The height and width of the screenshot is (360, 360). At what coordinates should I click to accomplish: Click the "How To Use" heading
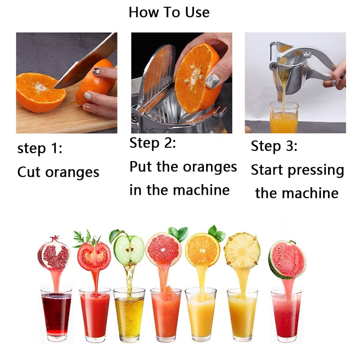(x=169, y=12)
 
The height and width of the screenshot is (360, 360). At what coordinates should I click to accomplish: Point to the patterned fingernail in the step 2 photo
(x=212, y=81)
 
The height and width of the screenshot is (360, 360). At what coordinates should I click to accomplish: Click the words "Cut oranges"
(x=58, y=172)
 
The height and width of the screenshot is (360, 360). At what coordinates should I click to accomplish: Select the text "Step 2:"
(x=153, y=144)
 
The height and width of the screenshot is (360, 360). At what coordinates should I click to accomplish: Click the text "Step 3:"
(x=274, y=146)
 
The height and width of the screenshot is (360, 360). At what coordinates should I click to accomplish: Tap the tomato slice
(x=93, y=255)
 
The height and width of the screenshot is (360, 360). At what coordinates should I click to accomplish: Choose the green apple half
(x=129, y=250)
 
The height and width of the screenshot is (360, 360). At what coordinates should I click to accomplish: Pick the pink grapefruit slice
(x=163, y=249)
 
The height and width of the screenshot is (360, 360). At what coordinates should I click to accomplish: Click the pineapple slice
(x=242, y=251)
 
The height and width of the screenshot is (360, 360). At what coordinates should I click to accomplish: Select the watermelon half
(x=288, y=260)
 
